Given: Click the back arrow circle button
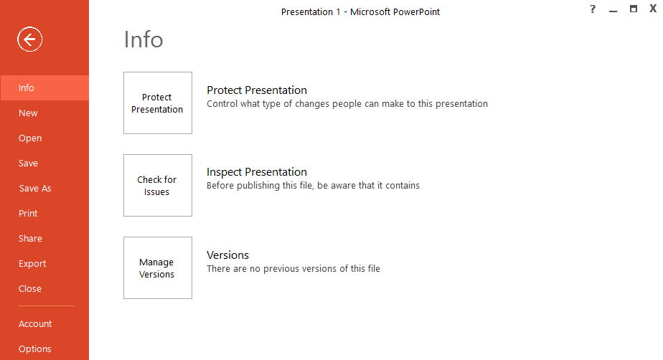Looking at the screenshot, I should (30, 40).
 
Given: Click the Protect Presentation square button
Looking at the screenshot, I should (158, 103).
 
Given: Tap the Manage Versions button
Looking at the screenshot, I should (158, 268).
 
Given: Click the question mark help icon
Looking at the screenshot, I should (593, 9).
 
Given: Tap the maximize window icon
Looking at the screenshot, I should (633, 9).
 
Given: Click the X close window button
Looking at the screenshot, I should (653, 9).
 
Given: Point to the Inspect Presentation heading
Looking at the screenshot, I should (256, 172).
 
